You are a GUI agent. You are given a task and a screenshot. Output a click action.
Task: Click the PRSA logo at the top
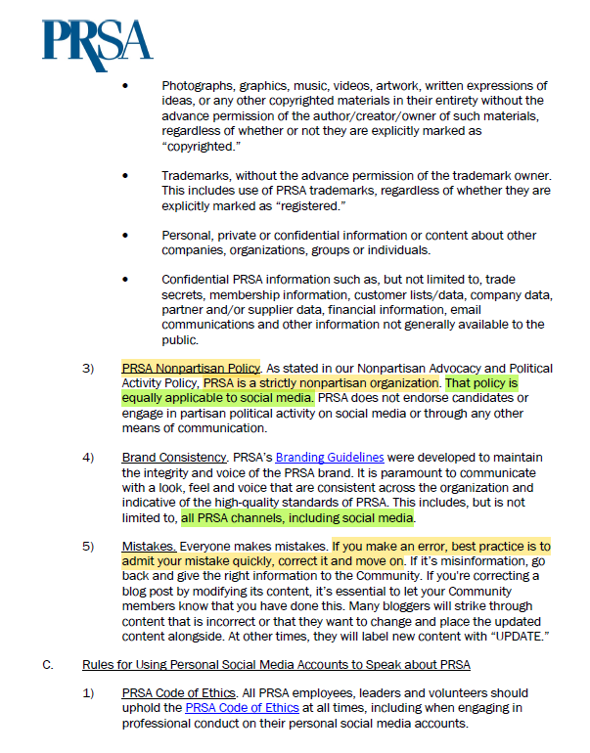97,40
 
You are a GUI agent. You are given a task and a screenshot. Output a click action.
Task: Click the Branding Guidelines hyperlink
329,457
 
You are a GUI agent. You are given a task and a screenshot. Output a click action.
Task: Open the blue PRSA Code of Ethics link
242,707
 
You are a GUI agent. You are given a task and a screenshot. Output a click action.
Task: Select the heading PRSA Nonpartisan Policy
190,368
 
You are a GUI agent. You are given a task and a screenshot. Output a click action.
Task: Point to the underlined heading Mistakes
149,546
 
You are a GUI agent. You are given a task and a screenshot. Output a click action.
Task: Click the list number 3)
88,368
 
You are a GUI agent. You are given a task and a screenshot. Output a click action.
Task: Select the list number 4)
88,457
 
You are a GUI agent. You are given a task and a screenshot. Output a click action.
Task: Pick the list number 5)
88,546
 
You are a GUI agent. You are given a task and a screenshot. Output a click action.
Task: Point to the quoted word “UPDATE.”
513,636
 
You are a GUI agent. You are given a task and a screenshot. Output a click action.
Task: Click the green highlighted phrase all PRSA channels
297,517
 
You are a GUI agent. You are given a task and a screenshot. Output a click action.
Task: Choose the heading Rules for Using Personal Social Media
276,666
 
